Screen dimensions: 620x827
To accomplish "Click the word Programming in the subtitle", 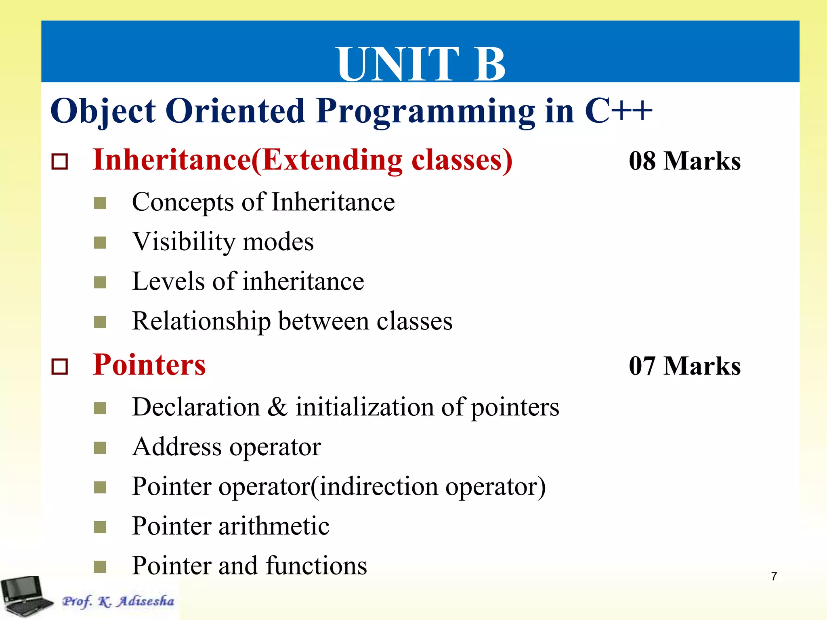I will tap(426, 111).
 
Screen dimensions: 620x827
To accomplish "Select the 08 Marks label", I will tap(684, 161).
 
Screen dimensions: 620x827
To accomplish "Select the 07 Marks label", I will tap(684, 366).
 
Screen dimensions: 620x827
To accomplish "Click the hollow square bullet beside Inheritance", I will tap(60, 162).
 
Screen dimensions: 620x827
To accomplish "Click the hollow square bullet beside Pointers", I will tap(60, 367).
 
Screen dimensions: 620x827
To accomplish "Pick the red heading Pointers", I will tap(149, 365).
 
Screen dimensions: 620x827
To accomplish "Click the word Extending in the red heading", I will tap(332, 160).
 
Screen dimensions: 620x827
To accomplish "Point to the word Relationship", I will tap(201, 322).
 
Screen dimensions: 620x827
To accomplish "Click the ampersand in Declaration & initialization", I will tap(278, 406).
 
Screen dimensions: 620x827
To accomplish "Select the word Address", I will tap(177, 447).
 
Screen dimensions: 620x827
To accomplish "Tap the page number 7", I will tap(774, 576).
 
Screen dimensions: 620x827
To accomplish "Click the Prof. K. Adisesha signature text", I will tap(118, 601).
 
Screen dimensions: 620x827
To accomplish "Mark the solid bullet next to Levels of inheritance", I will tap(100, 282).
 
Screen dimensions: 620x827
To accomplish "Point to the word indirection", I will tap(379, 486).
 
